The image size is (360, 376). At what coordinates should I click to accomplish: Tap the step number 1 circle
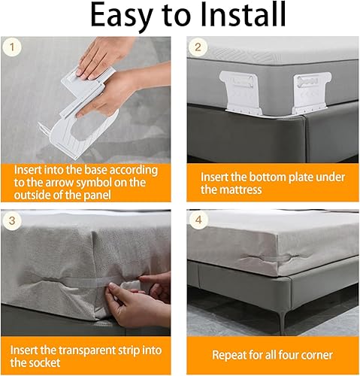pyautogui.click(x=12, y=47)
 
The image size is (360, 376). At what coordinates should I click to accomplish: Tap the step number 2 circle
pyautogui.click(x=198, y=47)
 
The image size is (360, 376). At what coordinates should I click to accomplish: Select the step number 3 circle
pyautogui.click(x=12, y=221)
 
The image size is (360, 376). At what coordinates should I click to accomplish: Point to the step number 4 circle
pyautogui.click(x=198, y=220)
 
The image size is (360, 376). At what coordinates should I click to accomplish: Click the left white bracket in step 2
pyautogui.click(x=241, y=92)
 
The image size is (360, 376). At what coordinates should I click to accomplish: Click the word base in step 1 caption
pyautogui.click(x=96, y=170)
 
